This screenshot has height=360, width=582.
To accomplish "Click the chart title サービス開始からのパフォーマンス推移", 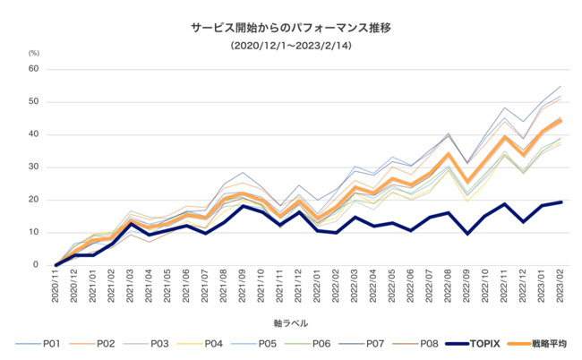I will [290, 28].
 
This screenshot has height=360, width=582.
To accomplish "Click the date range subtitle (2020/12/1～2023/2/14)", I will [290, 45].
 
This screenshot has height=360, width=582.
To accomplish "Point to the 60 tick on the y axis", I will [33, 69].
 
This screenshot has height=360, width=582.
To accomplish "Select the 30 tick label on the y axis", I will [33, 167].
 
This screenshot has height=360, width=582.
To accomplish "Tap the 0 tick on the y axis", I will [36, 265].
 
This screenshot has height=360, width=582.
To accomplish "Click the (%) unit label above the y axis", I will [34, 55].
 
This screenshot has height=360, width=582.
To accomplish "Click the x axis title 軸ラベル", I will [291, 320].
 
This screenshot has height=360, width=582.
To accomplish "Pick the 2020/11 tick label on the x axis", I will [56, 288].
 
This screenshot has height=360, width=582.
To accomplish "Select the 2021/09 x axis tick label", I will [242, 288].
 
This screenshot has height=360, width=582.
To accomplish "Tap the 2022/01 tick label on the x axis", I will [316, 288].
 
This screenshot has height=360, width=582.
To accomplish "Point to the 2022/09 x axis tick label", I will [465, 288].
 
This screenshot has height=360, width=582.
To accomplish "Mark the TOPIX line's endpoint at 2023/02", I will [561, 202].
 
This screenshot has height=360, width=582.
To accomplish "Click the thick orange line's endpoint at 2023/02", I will [561, 121].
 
